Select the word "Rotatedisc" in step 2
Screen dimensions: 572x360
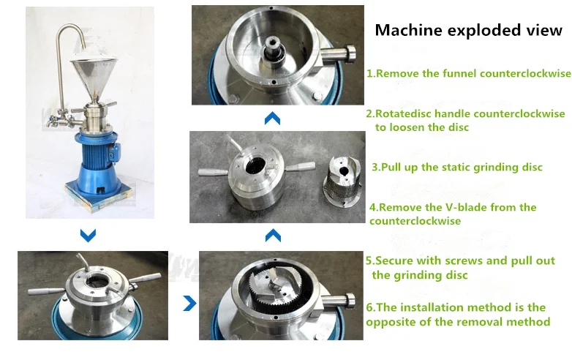404,114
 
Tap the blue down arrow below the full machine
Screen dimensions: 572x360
88,236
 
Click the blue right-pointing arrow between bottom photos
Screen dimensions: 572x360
189,303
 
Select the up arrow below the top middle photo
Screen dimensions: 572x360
273,119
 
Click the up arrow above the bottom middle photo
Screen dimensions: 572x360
274,236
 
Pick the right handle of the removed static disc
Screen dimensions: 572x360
300,167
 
